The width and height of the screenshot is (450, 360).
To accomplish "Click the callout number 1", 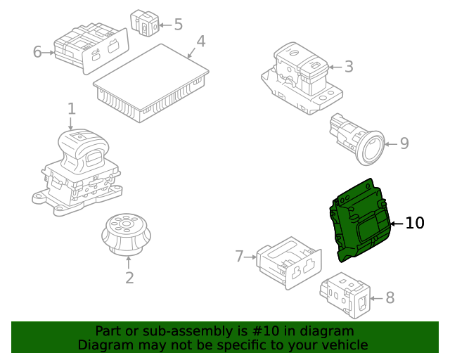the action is click(x=72, y=109).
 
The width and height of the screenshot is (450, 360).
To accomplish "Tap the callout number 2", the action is click(x=129, y=278).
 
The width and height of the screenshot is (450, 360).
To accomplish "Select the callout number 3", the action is click(x=349, y=67).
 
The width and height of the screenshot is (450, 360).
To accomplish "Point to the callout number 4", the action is click(x=201, y=41).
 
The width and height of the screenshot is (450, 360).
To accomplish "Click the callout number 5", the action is click(x=178, y=25).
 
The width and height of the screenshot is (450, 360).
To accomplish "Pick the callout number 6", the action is click(x=37, y=52).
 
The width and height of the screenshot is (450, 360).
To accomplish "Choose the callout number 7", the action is click(x=239, y=256).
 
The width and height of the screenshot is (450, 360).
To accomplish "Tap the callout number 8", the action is click(x=390, y=297).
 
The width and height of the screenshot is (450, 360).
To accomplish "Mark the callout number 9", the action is click(x=404, y=143).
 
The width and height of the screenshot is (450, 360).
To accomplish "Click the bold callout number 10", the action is click(x=415, y=223).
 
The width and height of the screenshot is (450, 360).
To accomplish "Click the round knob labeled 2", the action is click(x=126, y=234).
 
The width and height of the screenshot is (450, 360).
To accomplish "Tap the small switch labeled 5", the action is click(x=145, y=23).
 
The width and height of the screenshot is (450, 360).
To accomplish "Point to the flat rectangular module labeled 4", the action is click(x=151, y=83).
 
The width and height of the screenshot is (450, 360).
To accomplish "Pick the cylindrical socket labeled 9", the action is click(x=356, y=139).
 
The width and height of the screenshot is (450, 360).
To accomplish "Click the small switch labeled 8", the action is click(x=345, y=295).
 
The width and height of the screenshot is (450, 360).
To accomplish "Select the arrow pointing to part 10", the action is click(x=397, y=224).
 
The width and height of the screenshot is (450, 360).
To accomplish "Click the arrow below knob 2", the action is click(x=129, y=263).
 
